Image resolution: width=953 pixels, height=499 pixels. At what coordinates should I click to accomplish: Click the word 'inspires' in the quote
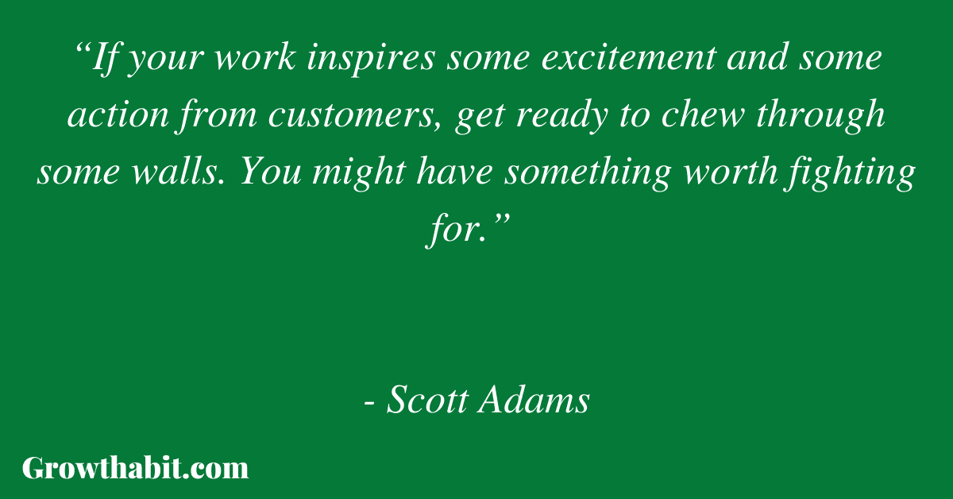pyautogui.click(x=371, y=59)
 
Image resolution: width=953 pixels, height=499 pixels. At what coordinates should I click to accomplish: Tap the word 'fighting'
pyautogui.click(x=849, y=173)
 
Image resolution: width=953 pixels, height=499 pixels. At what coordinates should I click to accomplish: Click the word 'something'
pyautogui.click(x=588, y=173)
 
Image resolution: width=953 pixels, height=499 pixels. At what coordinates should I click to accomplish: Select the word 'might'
pyautogui.click(x=359, y=173)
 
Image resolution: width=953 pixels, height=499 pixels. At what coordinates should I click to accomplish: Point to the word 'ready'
pyautogui.click(x=561, y=116)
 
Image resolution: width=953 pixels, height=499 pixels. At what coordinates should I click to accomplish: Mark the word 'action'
pyautogui.click(x=118, y=115)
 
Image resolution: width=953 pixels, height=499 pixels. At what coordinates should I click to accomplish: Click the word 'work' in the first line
pyautogui.click(x=255, y=57)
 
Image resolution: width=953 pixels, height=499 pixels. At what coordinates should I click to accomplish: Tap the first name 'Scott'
pyautogui.click(x=426, y=400)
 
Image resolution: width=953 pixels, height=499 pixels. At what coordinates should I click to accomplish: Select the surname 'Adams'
pyautogui.click(x=534, y=400)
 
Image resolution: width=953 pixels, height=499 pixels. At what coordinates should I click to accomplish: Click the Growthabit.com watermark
pyautogui.click(x=135, y=468)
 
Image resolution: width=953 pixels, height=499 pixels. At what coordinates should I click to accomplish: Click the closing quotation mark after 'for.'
pyautogui.click(x=501, y=221)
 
